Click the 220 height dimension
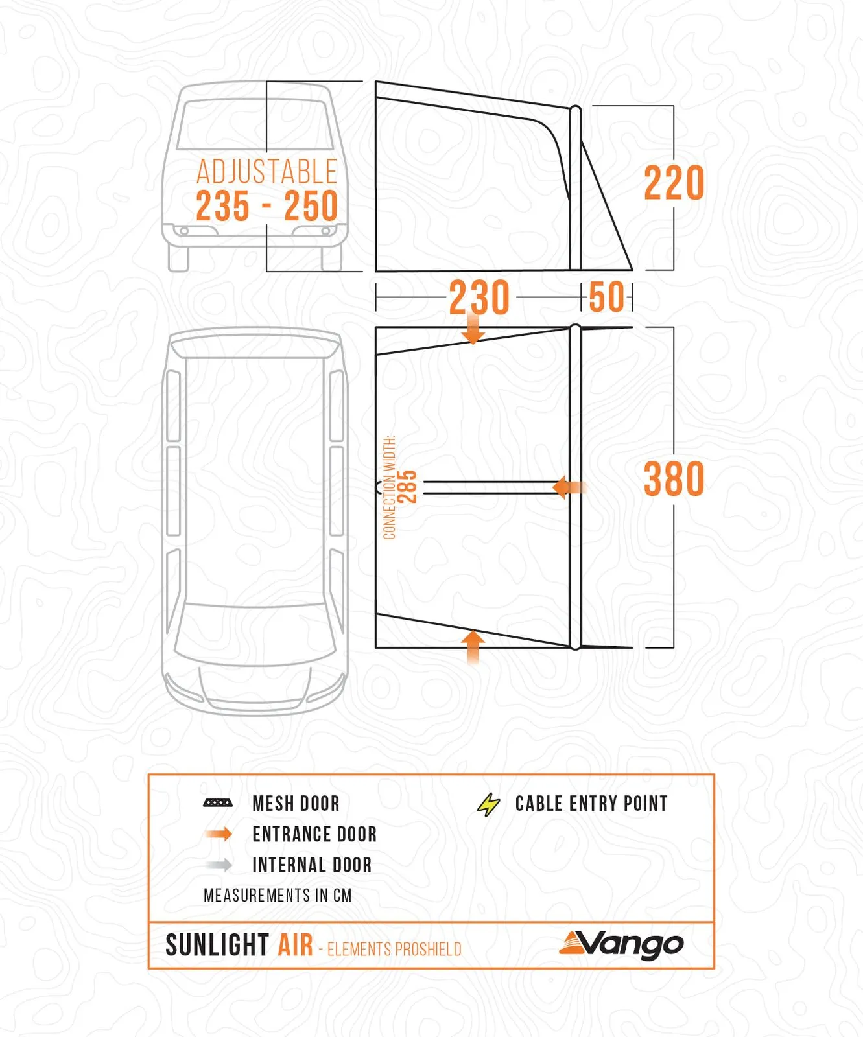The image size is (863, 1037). pos(674,183)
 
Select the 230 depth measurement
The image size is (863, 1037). pos(479,298)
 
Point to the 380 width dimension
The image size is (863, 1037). pos(674,479)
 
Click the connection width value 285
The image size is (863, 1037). pos(407,487)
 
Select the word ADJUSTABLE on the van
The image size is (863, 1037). pos(266,172)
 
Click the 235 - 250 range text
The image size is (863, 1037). pos(266,206)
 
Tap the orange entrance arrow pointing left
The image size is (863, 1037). pos(570,487)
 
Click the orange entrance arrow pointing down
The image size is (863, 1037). pos(473,327)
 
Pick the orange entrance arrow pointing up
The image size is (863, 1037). pos(474,647)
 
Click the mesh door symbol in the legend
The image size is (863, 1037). pos(218,803)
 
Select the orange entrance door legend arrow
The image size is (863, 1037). pos(219,834)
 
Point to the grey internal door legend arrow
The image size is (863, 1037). pos(219,865)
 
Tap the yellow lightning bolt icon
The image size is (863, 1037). pos(488,804)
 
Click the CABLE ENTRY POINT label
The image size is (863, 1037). pos(591,804)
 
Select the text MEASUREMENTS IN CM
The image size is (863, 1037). pos(278,896)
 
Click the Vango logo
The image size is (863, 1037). pos(621,946)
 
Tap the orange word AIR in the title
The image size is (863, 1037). pos(296,945)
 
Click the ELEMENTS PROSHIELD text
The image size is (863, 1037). pos(394,950)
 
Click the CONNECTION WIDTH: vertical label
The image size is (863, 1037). pos(389,487)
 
